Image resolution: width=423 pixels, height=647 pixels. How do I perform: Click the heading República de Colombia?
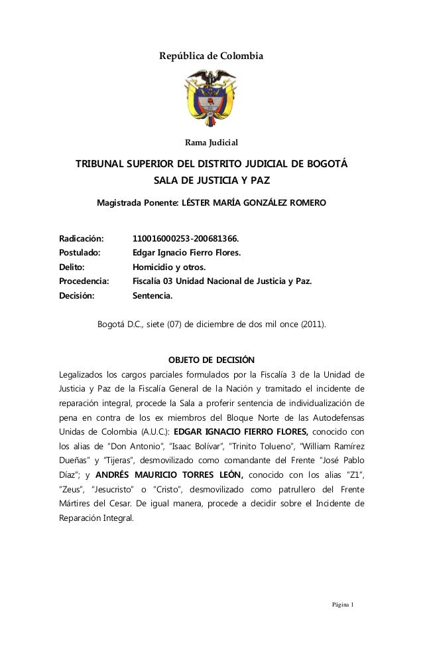tap(211, 56)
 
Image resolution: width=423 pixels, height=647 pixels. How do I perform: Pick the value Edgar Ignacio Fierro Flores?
tap(187, 253)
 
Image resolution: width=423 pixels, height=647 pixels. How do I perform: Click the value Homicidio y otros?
tap(169, 267)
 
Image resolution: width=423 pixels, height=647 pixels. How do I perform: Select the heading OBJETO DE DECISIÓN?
tap(211, 360)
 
